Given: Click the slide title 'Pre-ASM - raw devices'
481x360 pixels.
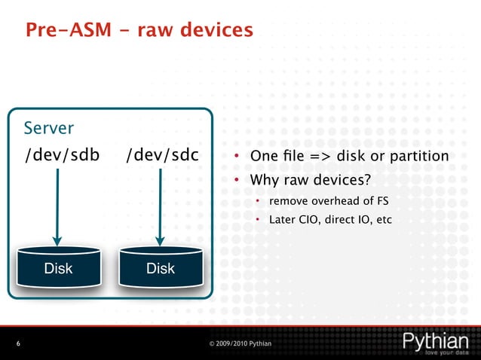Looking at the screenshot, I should point(139,30).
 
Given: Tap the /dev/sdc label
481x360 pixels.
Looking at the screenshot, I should point(162,155).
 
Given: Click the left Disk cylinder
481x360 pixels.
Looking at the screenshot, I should point(58,267).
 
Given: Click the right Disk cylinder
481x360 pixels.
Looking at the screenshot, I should point(161,267).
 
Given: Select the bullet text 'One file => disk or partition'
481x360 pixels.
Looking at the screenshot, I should point(348,157).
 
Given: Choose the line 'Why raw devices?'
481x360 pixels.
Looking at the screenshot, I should point(300,181).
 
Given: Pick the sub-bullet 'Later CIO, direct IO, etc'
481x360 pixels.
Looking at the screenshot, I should point(330,221).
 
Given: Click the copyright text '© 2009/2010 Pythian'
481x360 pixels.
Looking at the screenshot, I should point(240,344).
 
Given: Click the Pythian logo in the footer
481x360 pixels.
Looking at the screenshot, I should point(436,341).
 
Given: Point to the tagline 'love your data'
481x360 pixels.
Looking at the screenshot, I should point(448,352).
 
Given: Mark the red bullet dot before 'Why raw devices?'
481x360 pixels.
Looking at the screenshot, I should point(236,181).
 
